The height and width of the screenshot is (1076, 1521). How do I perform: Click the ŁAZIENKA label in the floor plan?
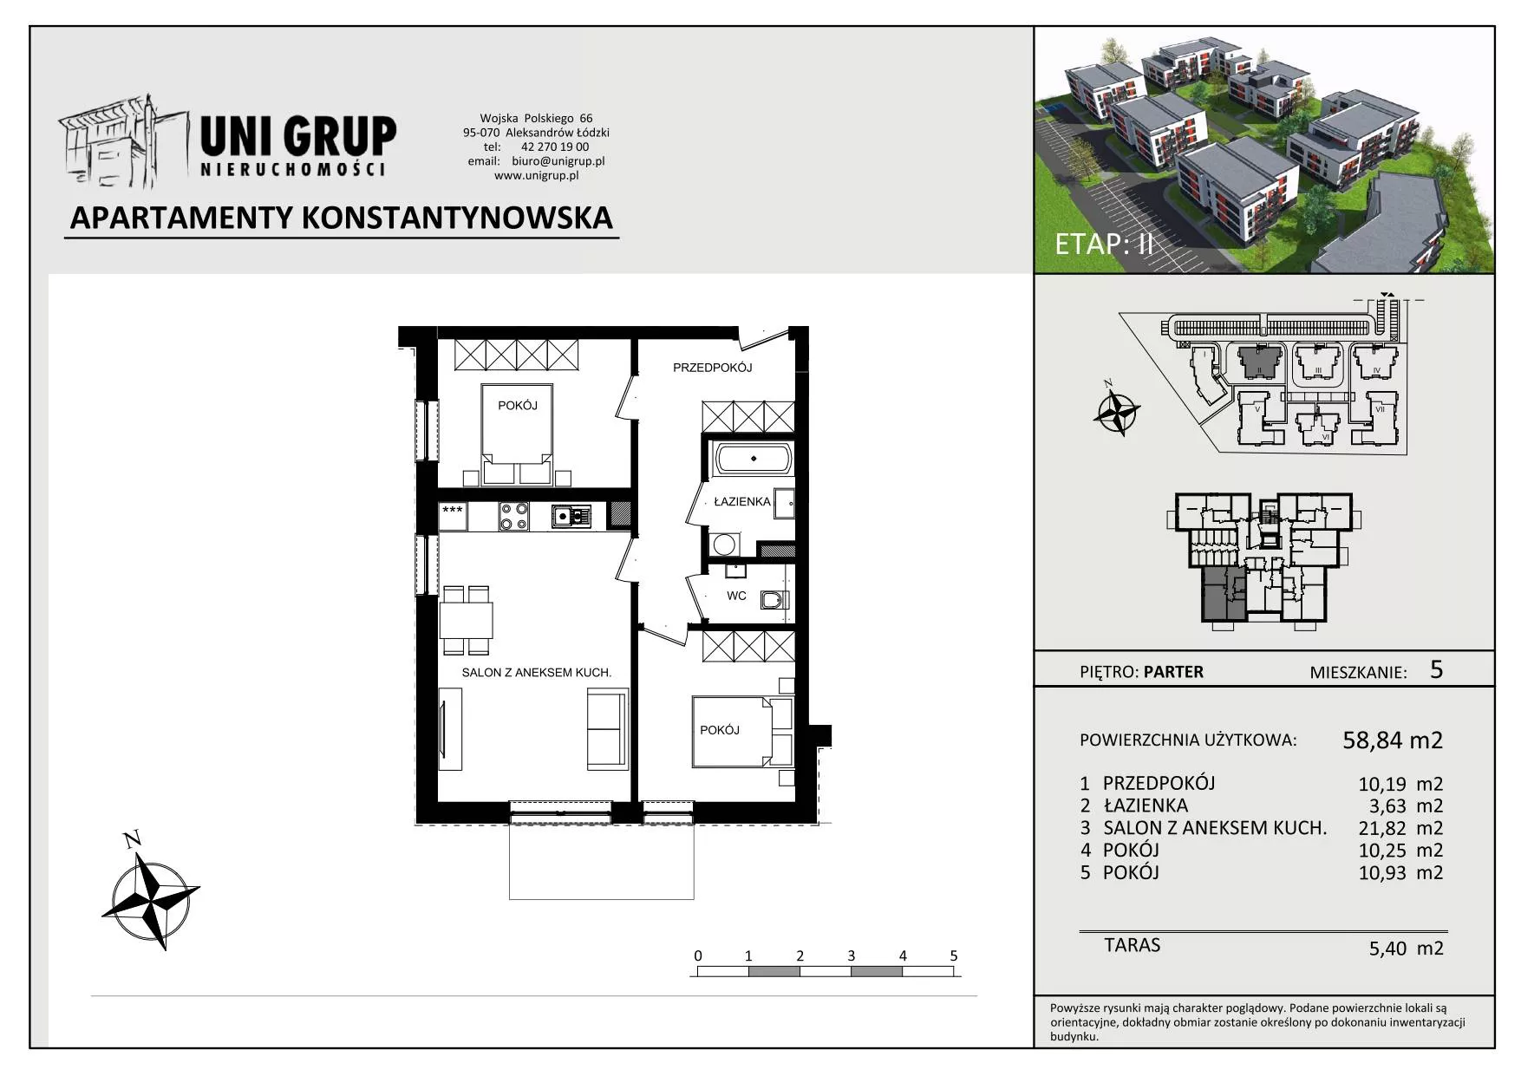click(x=741, y=501)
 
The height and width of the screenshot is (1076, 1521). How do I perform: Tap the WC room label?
click(x=736, y=596)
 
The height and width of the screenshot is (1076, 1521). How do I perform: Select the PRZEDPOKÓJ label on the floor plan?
click(x=712, y=368)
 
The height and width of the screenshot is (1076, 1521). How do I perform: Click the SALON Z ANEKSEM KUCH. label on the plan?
click(x=537, y=672)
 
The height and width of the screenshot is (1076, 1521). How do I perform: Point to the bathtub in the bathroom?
click(x=753, y=458)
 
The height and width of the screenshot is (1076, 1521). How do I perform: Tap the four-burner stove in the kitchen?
click(x=513, y=517)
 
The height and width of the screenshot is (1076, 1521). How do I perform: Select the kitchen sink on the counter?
click(x=571, y=517)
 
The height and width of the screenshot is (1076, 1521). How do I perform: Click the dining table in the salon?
click(x=466, y=620)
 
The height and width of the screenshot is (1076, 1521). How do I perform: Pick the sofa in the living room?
click(x=607, y=727)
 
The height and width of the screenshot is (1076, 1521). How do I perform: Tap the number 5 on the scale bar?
click(x=954, y=955)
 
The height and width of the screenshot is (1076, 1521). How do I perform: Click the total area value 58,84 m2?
click(x=1393, y=740)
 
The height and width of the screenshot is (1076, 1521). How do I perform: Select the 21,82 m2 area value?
click(x=1400, y=828)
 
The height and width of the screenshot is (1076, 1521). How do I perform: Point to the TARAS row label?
click(x=1132, y=945)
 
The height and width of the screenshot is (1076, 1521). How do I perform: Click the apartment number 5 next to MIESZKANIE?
click(x=1436, y=668)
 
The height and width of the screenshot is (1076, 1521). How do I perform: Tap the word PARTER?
click(x=1173, y=672)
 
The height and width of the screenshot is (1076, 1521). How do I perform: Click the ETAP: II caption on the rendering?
click(x=1104, y=244)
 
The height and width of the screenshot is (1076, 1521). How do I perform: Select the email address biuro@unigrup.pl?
click(x=558, y=160)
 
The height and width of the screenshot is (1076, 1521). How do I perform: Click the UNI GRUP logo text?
click(x=297, y=136)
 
